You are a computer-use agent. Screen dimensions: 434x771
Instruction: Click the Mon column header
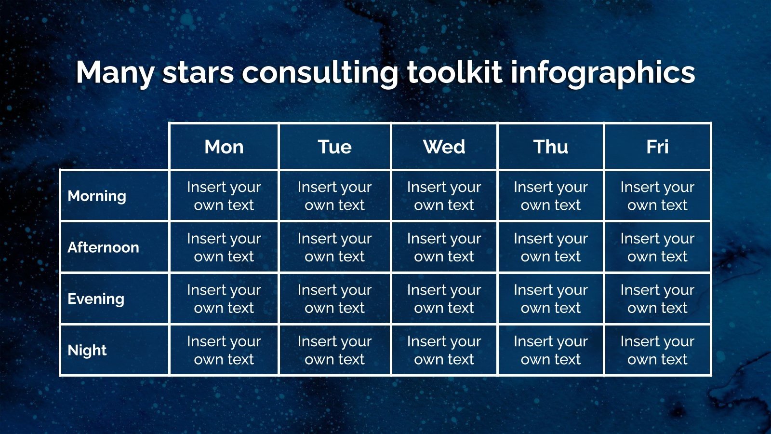pyautogui.click(x=224, y=147)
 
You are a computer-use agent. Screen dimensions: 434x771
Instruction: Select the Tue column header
pyautogui.click(x=334, y=147)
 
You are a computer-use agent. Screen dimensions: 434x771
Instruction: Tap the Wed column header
pyautogui.click(x=444, y=147)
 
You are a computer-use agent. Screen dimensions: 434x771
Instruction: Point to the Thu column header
pyautogui.click(x=550, y=147)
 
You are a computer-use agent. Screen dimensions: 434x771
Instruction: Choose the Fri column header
pyautogui.click(x=657, y=147)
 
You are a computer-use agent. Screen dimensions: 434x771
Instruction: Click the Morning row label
pyautogui.click(x=97, y=196)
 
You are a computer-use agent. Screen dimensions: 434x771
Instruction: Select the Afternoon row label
pyautogui.click(x=103, y=247)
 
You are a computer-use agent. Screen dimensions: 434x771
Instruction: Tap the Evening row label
pyautogui.click(x=96, y=299)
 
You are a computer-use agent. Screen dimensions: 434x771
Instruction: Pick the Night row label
pyautogui.click(x=87, y=350)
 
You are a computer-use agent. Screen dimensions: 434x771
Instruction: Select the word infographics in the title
pyautogui.click(x=602, y=72)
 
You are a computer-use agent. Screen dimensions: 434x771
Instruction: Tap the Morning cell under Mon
pyautogui.click(x=224, y=196)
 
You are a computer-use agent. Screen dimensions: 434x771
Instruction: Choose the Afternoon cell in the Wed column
pyautogui.click(x=444, y=247)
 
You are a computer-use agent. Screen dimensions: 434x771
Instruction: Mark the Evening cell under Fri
pyautogui.click(x=657, y=299)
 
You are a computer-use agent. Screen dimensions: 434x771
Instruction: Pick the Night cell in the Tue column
pyautogui.click(x=334, y=350)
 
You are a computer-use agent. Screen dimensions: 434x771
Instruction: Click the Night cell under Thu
pyautogui.click(x=550, y=350)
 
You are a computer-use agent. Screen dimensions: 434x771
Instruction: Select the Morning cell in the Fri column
pyautogui.click(x=657, y=196)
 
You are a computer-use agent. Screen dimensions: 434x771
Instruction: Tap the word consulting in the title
pyautogui.click(x=320, y=72)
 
